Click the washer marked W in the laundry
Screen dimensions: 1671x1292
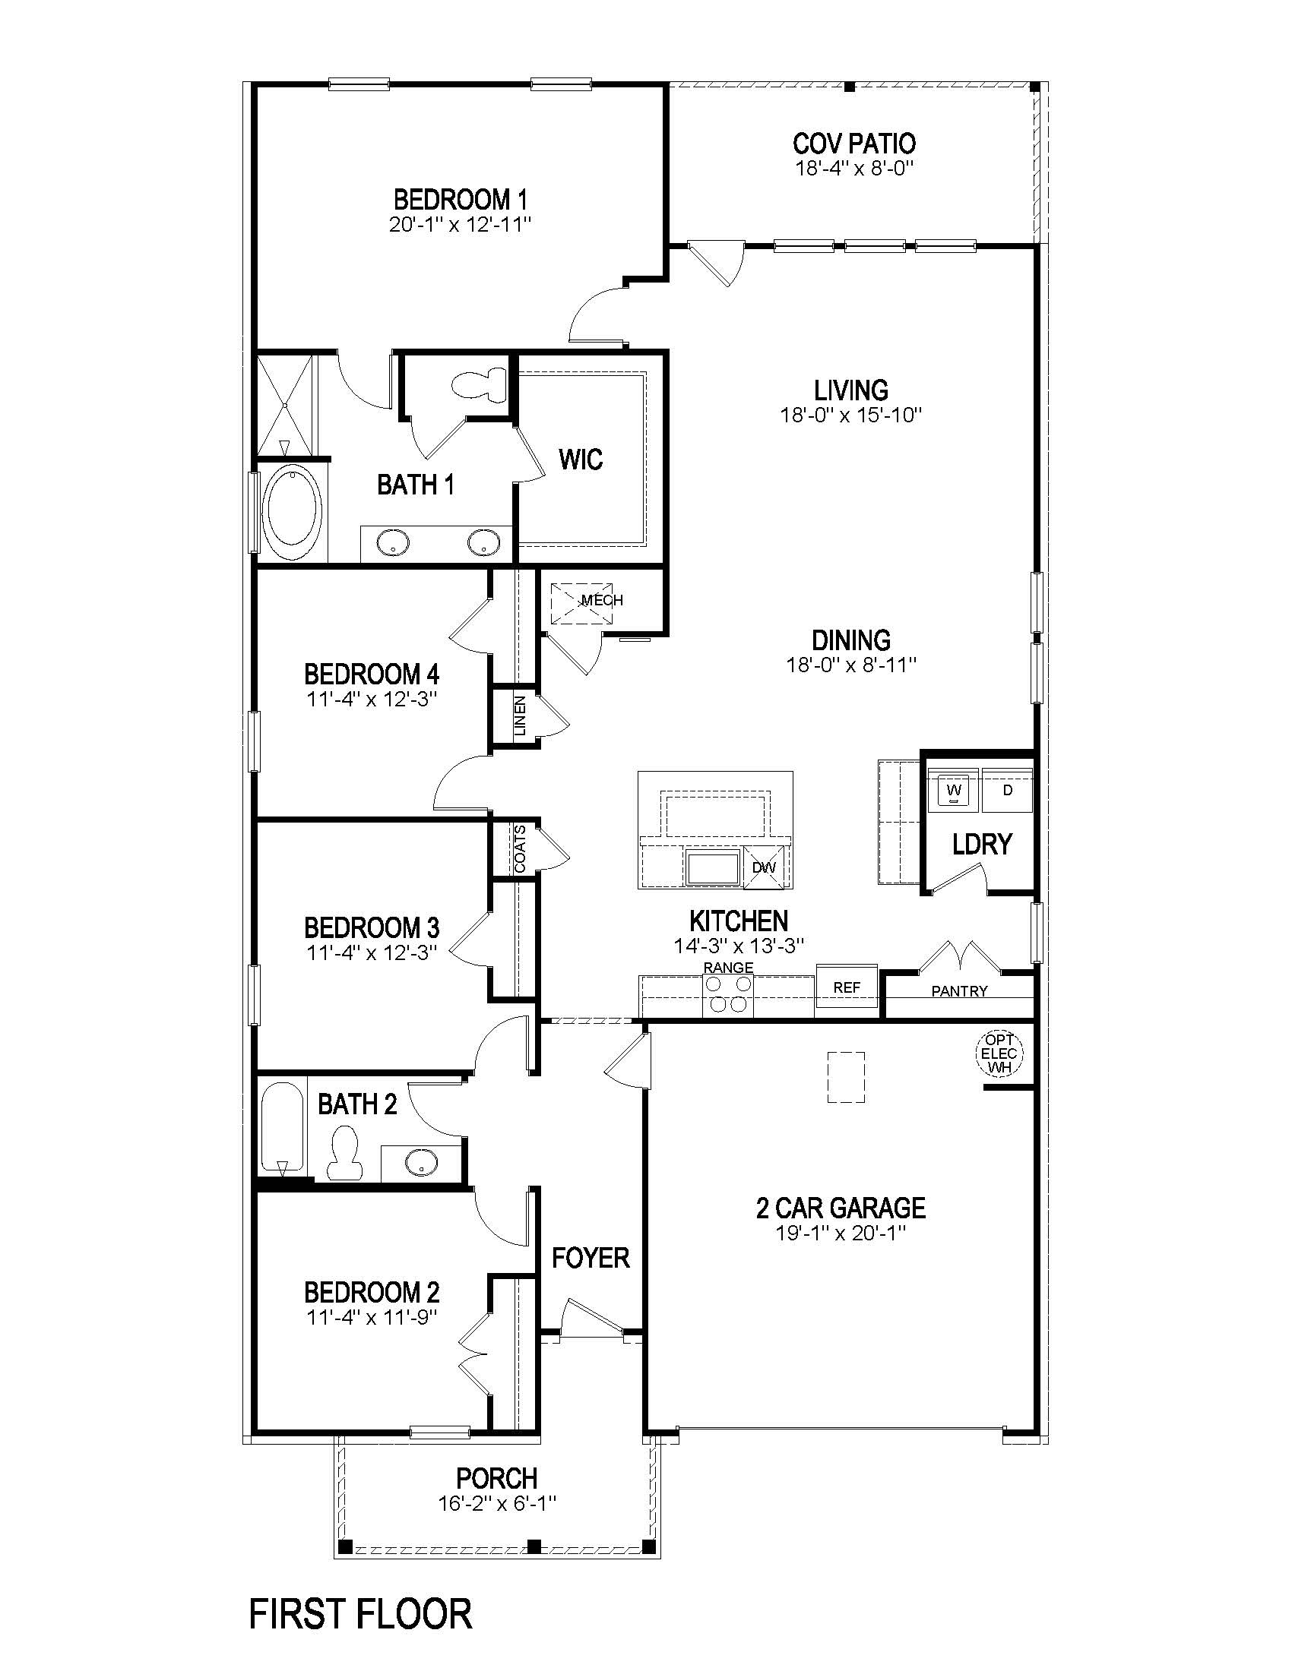tap(953, 790)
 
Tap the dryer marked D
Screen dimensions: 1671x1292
tap(1007, 790)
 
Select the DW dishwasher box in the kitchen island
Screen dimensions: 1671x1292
tap(765, 867)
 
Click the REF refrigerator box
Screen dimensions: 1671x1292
tap(847, 987)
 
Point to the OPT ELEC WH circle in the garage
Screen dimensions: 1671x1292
tap(999, 1053)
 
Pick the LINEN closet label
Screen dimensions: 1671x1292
tap(520, 715)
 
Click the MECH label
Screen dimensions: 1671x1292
tap(603, 600)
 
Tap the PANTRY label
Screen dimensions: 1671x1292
tap(959, 990)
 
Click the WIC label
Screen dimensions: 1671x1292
tap(580, 459)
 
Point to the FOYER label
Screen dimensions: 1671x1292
tap(590, 1257)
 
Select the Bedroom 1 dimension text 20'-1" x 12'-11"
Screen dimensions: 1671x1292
tap(459, 225)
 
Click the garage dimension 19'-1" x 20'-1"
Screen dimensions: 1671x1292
tap(841, 1234)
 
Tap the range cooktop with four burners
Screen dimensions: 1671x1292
tap(728, 995)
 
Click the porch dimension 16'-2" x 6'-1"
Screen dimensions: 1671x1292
tap(497, 1503)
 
